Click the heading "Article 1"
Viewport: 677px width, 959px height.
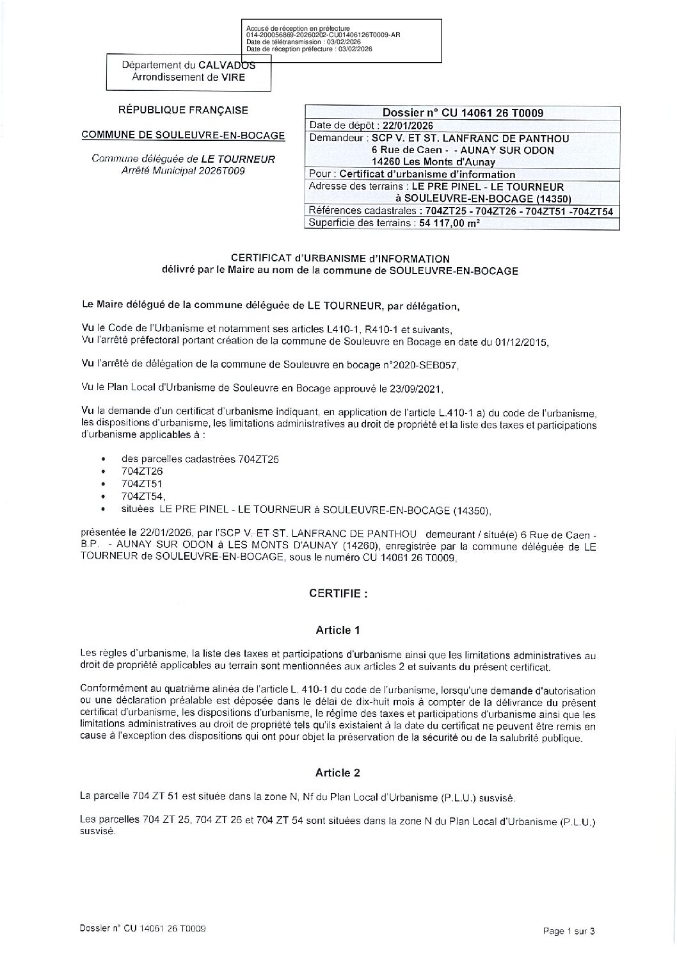click(338, 630)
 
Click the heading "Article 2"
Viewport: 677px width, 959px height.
click(338, 773)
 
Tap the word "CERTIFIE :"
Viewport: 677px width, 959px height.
click(338, 593)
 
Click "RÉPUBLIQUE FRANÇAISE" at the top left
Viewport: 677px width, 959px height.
click(183, 110)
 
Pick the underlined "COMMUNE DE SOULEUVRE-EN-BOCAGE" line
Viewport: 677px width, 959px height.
click(183, 136)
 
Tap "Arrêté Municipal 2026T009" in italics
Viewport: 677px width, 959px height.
click(183, 171)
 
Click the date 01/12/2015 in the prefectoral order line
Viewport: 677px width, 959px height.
click(521, 342)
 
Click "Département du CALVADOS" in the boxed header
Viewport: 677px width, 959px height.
click(188, 65)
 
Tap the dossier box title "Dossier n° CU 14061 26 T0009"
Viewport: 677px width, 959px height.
click(463, 113)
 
